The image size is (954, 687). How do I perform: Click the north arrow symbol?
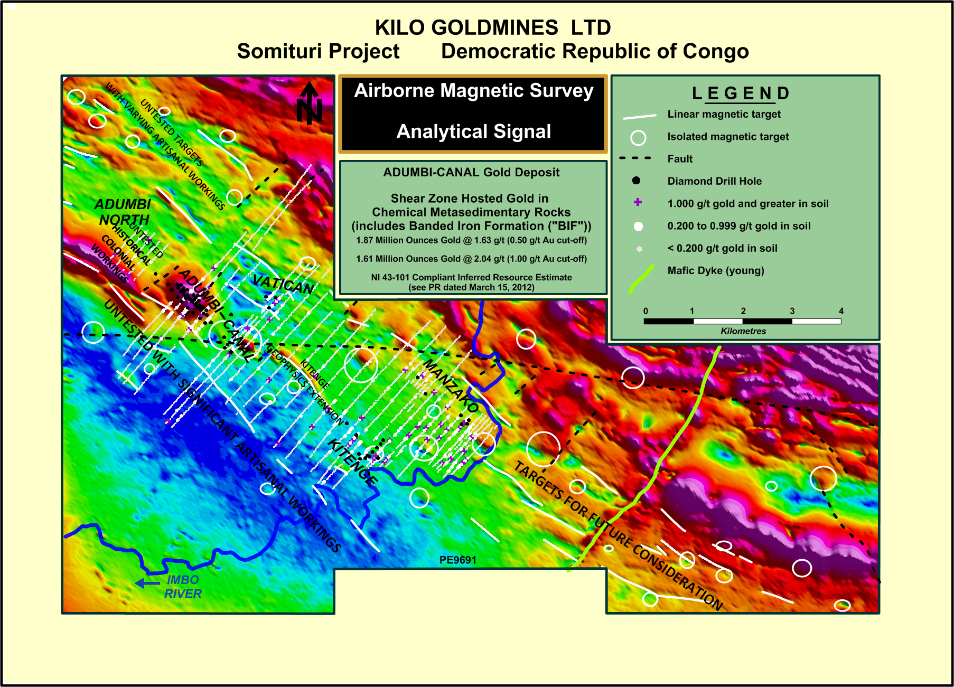pos(309,103)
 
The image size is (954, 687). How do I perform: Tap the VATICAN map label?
pos(283,285)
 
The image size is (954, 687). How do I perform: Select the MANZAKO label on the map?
pos(451,385)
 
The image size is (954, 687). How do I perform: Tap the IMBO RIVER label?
pos(183,587)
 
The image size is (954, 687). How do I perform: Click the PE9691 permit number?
pos(458,560)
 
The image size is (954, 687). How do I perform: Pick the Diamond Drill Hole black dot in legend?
pos(637,181)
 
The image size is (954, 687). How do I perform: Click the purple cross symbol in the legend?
pos(638,202)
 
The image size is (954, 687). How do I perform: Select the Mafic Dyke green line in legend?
pos(641,278)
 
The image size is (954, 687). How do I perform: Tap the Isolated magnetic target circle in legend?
pos(638,138)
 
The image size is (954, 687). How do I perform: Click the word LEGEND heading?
pos(741,93)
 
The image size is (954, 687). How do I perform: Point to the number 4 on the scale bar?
pos(841,311)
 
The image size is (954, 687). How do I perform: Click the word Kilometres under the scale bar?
pos(743,331)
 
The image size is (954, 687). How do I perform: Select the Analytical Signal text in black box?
pos(474,131)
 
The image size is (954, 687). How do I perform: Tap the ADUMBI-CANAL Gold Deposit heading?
pos(471,172)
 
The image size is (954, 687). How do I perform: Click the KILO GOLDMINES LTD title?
pos(493,27)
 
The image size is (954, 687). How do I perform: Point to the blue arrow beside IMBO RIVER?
pos(147,583)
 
